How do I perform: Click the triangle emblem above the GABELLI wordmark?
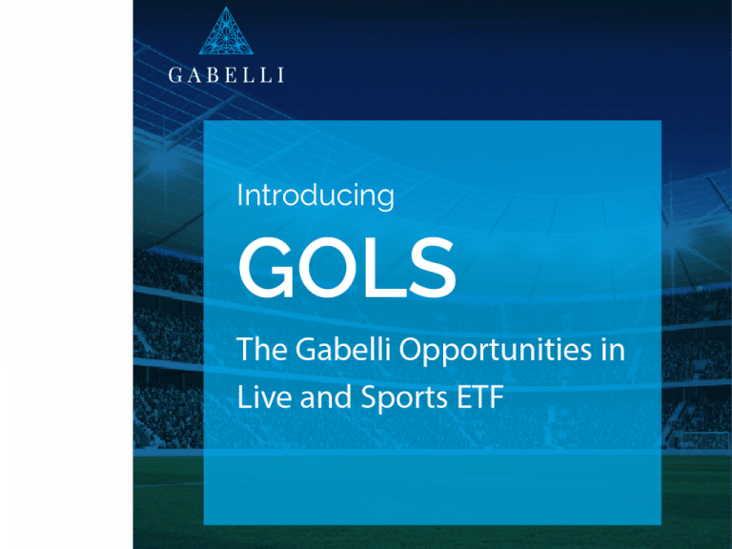tap(226, 30)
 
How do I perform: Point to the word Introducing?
tap(315, 196)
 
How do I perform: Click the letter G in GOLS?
tap(266, 267)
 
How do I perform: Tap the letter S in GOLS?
tap(433, 267)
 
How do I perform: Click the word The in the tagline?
tap(262, 349)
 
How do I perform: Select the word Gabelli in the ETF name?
tap(343, 349)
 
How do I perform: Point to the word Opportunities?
tap(496, 351)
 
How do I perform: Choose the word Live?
tap(265, 397)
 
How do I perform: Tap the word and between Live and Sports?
tap(326, 397)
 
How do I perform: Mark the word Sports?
tap(404, 399)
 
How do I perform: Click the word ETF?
tap(480, 397)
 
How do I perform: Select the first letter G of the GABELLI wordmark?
tap(175, 75)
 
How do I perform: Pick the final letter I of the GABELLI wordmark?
tap(281, 75)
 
